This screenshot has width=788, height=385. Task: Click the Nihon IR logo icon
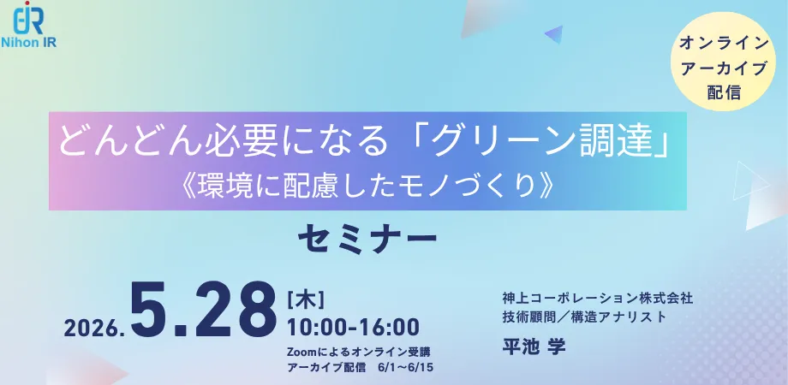point(28,18)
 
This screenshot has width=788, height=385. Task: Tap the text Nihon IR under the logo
point(28,43)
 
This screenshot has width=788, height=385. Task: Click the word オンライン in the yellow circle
point(724,44)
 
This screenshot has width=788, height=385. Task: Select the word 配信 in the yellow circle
point(724,92)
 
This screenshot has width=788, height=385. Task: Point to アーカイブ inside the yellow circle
point(724,68)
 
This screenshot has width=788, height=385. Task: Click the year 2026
point(94,328)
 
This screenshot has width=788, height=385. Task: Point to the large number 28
point(236,311)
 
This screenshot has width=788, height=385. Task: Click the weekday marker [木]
point(306,300)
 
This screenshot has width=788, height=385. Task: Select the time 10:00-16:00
point(353,328)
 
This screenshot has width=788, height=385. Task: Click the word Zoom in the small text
point(300,351)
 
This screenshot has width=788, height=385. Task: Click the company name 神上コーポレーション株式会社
point(598,299)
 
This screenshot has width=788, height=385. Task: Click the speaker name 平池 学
point(534,346)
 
